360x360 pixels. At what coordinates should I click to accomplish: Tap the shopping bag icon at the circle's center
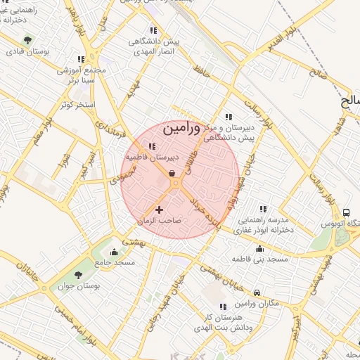172,174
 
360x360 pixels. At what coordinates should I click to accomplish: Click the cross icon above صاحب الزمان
159,210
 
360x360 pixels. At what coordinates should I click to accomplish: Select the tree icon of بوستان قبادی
27,40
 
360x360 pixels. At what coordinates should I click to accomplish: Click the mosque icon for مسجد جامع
115,251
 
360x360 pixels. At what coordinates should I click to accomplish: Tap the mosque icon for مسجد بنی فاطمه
260,248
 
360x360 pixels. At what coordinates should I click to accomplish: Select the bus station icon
346,212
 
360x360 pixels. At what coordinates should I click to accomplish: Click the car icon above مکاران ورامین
257,292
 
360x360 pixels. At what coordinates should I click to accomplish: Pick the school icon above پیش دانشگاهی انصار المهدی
153,30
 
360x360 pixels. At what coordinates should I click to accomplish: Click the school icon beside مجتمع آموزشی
81,60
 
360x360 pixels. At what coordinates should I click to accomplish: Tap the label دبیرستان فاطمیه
153,157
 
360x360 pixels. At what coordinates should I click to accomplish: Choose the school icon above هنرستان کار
224,307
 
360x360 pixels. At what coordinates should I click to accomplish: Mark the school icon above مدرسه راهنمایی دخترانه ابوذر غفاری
263,209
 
